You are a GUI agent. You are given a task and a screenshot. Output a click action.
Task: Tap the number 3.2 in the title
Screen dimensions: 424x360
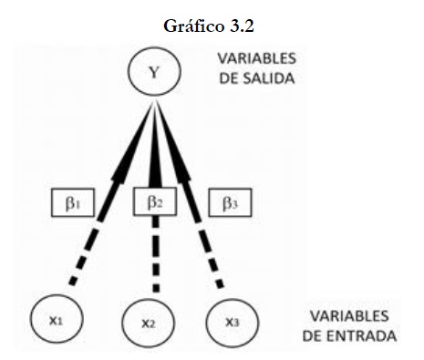pos(242,26)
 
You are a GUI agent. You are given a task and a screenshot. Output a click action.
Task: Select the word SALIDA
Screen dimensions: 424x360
pos(269,78)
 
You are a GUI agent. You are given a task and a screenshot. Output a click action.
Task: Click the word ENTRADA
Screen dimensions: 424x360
pos(362,336)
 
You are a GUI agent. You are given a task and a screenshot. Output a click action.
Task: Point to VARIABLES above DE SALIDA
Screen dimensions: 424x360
pos(257,58)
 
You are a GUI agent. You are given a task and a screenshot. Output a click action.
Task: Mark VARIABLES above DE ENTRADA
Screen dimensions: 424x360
pos(349,316)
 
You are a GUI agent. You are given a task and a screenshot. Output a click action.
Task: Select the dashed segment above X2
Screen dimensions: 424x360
pos(156,254)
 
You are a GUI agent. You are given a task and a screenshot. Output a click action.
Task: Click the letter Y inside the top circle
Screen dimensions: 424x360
pos(154,72)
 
